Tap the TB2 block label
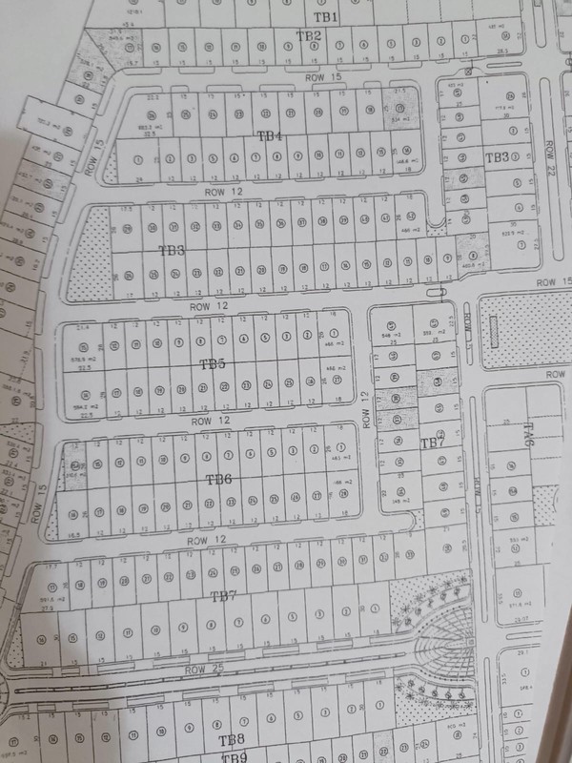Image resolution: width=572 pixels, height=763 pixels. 308,36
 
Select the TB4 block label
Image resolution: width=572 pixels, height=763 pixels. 271,137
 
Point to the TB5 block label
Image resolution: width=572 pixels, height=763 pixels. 212,363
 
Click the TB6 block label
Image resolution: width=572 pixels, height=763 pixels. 219,478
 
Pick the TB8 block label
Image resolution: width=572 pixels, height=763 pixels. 232,740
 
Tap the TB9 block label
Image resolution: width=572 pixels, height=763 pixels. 235,757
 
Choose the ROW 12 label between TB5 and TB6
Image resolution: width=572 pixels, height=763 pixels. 214,420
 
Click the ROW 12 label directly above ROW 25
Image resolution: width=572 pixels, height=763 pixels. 208,541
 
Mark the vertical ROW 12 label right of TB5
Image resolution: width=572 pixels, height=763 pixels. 365,407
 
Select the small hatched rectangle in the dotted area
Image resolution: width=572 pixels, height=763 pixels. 497,332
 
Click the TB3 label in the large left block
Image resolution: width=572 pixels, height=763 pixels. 172,250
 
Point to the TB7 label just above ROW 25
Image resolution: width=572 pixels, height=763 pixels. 223,596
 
